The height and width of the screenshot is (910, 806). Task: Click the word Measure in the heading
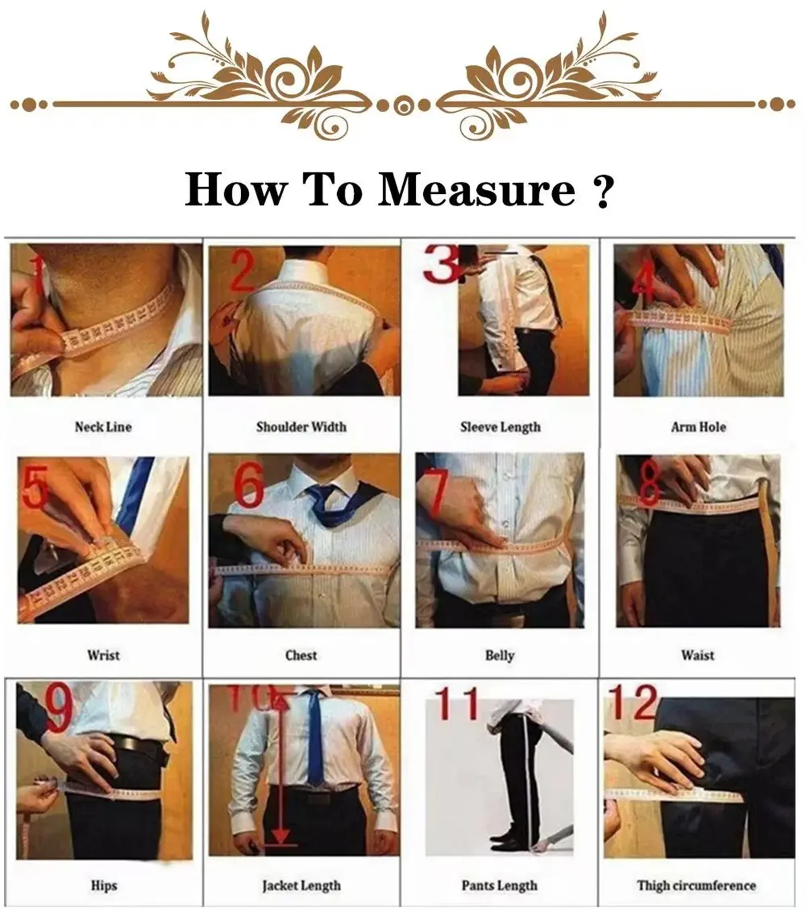[x=477, y=190]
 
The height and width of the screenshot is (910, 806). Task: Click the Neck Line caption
[x=103, y=427]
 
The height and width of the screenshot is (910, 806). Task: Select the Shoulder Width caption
[x=301, y=427]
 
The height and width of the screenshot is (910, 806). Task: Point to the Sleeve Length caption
[x=500, y=427]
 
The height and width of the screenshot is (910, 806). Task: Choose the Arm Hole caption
[x=699, y=427]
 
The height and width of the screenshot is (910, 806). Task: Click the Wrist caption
[x=103, y=655]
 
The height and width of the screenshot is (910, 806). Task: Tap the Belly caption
[x=500, y=655]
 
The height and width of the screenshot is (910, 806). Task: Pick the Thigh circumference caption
[x=697, y=886]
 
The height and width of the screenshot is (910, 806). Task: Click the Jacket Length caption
[x=301, y=886]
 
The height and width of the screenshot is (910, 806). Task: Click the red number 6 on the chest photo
[x=249, y=486]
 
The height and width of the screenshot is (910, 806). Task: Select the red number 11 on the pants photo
[x=459, y=703]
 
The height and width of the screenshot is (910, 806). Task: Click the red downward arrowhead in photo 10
[x=281, y=836]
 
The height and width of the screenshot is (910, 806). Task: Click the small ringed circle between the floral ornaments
[x=402, y=105]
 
